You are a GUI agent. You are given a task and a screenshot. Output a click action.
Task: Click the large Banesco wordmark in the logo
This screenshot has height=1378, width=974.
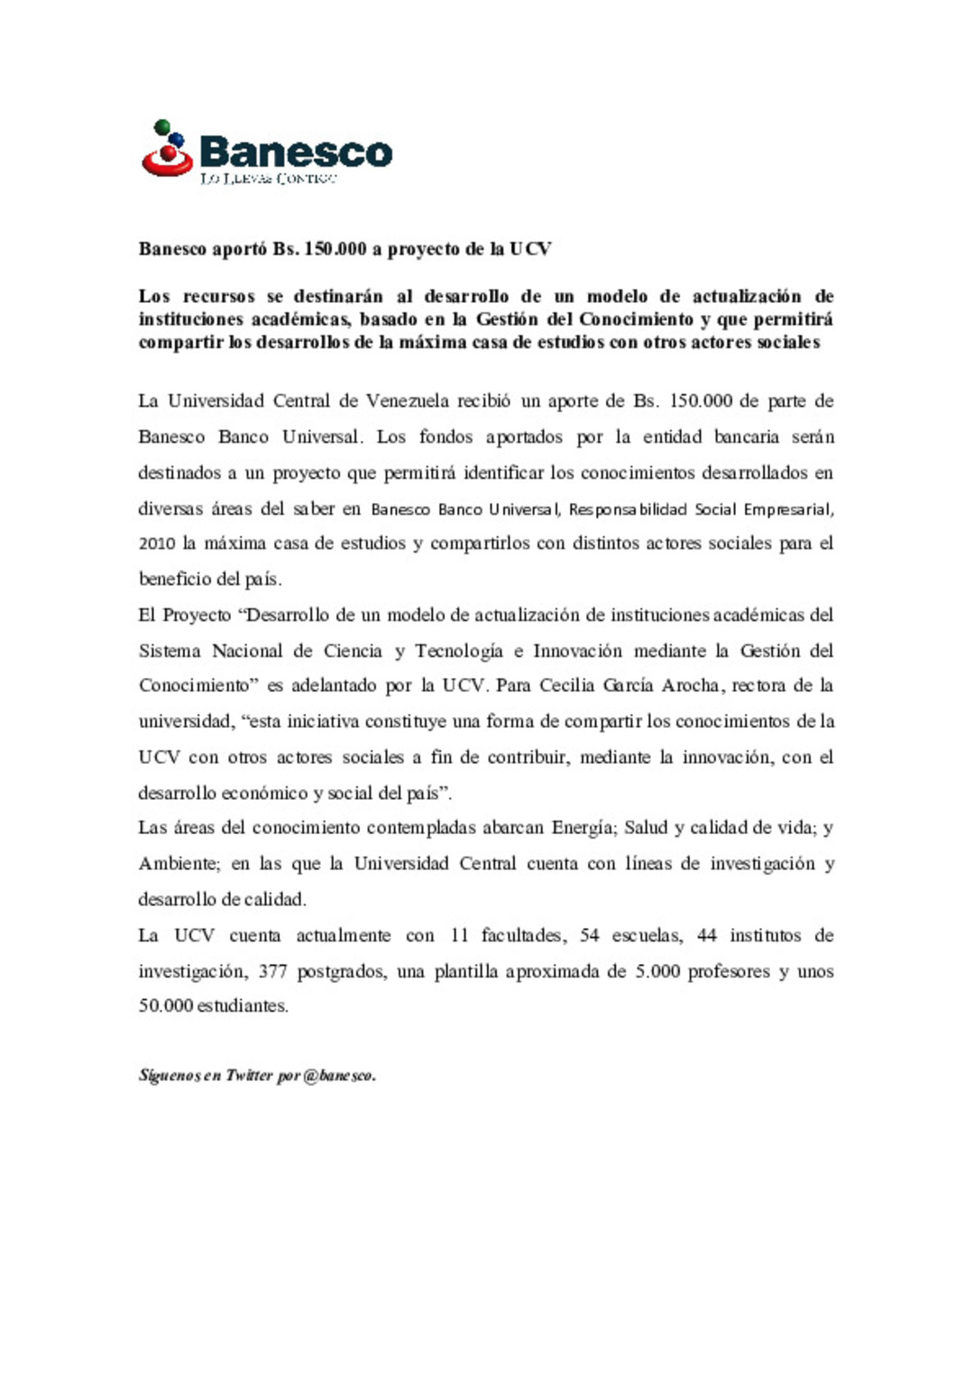click(296, 152)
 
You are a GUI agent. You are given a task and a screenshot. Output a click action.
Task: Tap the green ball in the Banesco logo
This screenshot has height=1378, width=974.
click(162, 127)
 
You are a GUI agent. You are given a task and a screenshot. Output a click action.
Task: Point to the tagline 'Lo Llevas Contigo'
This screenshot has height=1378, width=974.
click(268, 179)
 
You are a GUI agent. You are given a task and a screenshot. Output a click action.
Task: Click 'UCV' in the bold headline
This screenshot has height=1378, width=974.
click(530, 249)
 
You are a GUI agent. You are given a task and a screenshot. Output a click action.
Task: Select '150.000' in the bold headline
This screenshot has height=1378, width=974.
click(335, 249)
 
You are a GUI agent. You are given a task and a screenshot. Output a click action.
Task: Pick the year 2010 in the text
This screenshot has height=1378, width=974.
click(157, 544)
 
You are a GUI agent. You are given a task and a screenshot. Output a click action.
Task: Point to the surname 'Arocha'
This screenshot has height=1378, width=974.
click(691, 685)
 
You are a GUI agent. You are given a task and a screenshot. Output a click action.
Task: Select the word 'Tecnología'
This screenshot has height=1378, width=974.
click(459, 651)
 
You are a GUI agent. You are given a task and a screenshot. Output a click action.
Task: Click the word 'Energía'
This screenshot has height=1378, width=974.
click(583, 828)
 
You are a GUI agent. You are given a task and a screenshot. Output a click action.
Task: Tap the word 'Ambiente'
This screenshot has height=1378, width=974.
click(178, 864)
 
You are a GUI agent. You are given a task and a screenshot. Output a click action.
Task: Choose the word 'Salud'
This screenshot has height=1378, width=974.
click(646, 828)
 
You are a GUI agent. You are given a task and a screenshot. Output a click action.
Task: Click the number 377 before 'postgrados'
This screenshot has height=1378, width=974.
click(272, 971)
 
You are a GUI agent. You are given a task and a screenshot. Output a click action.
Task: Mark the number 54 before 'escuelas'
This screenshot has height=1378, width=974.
click(590, 935)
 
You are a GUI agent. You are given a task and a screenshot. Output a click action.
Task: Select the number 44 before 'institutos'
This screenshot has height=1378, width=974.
click(707, 935)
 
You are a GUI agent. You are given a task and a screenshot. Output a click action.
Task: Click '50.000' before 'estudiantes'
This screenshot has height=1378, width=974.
click(166, 1006)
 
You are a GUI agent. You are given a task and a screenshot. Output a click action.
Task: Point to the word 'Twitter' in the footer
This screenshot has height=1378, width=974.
click(249, 1075)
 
